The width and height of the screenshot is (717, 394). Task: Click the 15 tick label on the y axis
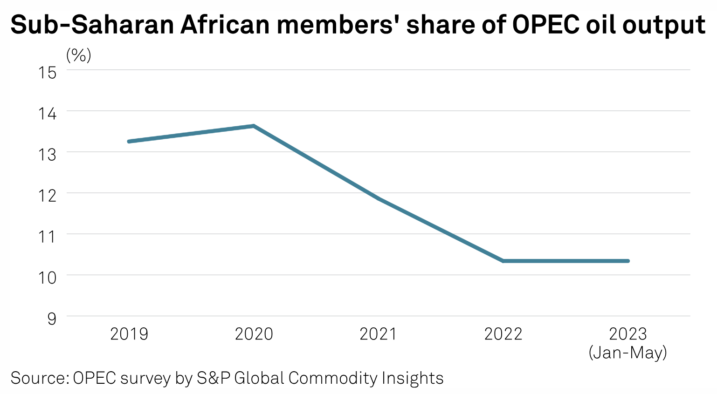pos(48,73)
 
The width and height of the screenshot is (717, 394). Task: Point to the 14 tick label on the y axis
pos(48,114)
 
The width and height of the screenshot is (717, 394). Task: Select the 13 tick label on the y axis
pos(48,155)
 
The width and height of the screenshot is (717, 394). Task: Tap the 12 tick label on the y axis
pos(48,196)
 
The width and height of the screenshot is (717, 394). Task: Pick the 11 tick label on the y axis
pos(48,237)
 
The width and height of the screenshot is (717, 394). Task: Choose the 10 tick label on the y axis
pos(48,278)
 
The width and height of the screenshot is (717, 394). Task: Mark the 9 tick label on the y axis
pos(52,319)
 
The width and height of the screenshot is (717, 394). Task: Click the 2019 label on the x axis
pos(129,334)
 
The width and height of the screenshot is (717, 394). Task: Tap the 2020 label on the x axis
pos(254,334)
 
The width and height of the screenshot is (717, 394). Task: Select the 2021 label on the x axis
pos(378,334)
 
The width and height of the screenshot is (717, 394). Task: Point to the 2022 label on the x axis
pos(503,334)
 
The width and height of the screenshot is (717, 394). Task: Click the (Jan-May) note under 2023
pos(628,353)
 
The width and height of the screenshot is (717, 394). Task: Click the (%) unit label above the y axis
pos(79,56)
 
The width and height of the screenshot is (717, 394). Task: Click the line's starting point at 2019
pos(129,141)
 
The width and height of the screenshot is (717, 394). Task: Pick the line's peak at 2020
pos(254,126)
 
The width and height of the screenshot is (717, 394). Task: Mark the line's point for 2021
pos(379,198)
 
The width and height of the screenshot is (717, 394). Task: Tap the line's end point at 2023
pos(628,261)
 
